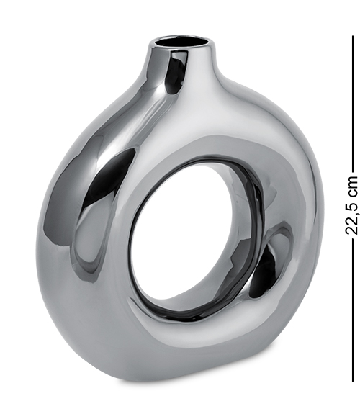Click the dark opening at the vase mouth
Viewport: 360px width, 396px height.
(181, 42)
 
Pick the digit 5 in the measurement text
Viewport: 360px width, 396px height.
(352, 202)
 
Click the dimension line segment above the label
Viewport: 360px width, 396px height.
(353, 104)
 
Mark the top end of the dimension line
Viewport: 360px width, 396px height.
(353, 35)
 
